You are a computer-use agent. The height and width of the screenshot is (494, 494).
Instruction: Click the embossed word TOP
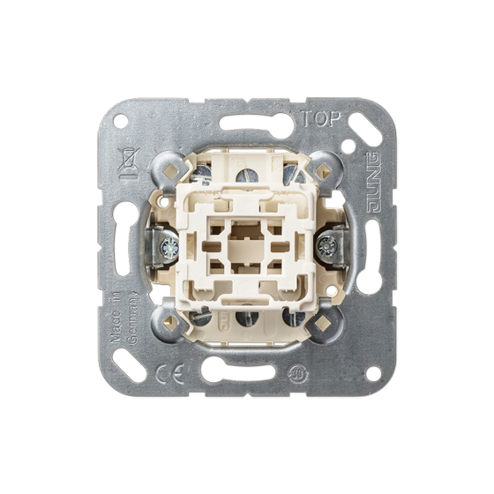tap(322, 118)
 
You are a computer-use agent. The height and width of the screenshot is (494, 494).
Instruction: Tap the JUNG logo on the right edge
tap(375, 183)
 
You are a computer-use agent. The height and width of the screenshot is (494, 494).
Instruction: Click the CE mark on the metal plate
tap(170, 374)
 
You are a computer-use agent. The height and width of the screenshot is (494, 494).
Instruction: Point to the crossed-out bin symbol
tap(129, 163)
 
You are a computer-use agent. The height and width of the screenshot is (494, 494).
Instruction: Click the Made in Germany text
tap(124, 317)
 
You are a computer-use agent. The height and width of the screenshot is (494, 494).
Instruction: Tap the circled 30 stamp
tap(296, 374)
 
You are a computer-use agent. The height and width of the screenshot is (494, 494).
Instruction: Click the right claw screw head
tap(326, 245)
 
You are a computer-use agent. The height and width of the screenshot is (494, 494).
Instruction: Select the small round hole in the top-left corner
tap(121, 122)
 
